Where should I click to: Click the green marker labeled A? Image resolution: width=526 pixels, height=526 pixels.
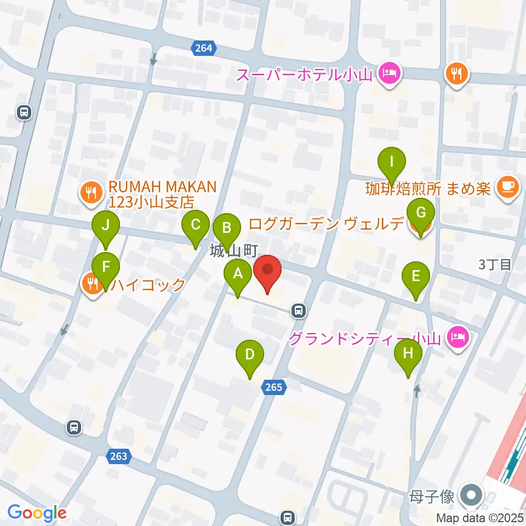coord(237,274)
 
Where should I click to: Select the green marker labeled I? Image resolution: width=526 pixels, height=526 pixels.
coord(392,163)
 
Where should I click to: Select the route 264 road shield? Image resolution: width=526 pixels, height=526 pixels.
coord(203,49)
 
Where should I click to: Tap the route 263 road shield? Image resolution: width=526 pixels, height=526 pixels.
coord(118,456)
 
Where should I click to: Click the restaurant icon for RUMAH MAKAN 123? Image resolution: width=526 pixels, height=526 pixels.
coord(90,193)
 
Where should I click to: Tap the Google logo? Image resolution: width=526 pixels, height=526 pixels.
coord(37,512)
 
